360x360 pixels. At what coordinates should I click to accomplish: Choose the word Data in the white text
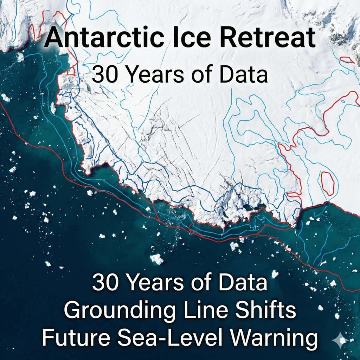tap(243, 283)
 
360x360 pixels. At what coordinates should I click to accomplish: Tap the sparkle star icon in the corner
tap(341, 340)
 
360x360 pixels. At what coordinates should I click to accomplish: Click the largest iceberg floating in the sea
tap(156, 259)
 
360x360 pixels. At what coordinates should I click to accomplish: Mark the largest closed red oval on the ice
tap(327, 183)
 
